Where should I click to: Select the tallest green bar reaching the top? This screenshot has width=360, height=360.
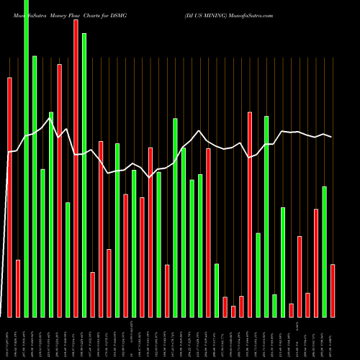27,158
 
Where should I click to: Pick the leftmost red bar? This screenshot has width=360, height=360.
10,197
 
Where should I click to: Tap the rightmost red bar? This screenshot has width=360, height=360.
333,291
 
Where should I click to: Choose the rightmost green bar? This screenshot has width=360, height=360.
325,251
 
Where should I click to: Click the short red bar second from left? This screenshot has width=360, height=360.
18,288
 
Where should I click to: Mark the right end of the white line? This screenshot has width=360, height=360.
332,137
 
